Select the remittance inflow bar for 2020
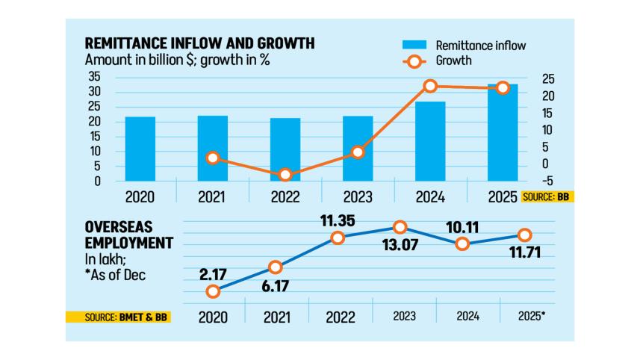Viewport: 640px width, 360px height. click(140, 149)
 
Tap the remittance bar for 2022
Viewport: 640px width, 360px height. click(285, 149)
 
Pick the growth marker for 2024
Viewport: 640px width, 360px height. click(430, 87)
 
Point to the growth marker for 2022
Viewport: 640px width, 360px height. click(285, 175)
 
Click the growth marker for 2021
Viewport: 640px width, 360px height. click(213, 158)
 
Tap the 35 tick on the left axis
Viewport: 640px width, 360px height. click(95, 77)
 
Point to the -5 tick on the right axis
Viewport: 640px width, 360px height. click(548, 180)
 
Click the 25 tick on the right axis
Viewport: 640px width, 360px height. click(548, 79)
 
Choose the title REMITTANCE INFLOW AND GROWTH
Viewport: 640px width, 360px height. click(200, 44)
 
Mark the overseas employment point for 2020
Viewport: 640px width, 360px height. click(214, 292)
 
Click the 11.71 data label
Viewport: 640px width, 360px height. click(524, 252)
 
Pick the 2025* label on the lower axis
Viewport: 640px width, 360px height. click(531, 316)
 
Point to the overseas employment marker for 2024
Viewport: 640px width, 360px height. click(463, 243)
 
